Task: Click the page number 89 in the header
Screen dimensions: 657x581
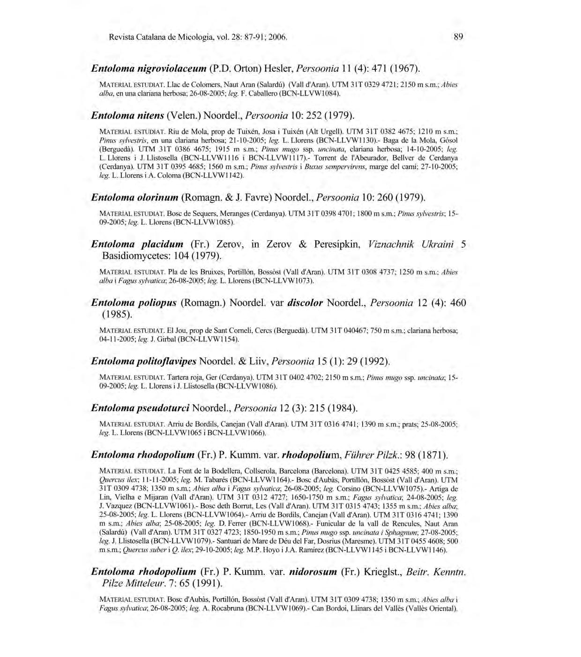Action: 459,37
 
